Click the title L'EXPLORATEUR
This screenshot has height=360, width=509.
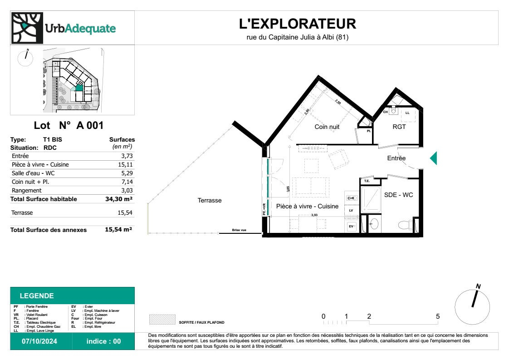(298, 24)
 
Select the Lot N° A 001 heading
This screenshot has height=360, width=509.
(69, 126)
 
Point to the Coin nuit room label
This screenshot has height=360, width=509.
(327, 127)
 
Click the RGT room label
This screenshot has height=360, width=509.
(399, 127)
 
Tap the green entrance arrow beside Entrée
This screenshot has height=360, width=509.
(433, 158)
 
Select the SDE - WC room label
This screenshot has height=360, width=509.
(399, 195)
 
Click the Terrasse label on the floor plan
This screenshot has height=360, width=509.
(210, 200)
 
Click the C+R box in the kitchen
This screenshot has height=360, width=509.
(351, 198)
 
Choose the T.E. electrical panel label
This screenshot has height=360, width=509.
(367, 181)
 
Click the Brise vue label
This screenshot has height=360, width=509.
(239, 230)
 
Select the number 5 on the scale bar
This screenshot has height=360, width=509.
(437, 316)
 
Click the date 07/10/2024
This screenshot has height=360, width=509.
(40, 341)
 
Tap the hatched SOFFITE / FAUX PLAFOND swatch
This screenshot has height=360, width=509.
(162, 319)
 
